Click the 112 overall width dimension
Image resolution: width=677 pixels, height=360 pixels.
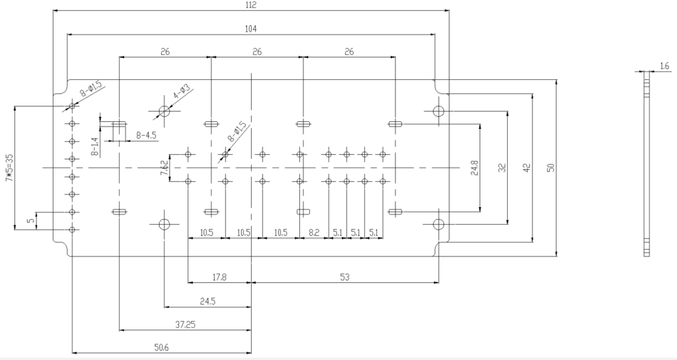coord(251,5)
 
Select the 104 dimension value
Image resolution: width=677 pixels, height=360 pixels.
coord(251,29)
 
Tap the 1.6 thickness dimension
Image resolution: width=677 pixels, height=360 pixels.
coord(665,66)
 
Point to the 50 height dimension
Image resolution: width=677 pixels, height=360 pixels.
coord(550,168)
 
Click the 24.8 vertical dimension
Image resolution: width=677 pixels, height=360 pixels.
coord(475,168)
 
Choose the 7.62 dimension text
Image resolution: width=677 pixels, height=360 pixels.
coord(165,168)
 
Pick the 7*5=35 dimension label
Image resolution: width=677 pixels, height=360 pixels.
coord(9,167)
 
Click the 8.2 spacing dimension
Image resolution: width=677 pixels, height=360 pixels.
coord(314,233)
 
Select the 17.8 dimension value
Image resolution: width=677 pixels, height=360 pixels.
coord(219,277)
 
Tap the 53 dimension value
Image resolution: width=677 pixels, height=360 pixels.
coord(345,277)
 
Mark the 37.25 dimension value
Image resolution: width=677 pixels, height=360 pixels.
coord(185,325)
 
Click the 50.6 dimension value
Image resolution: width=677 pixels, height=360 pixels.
coord(162,348)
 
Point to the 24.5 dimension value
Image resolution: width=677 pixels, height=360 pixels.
coord(208,301)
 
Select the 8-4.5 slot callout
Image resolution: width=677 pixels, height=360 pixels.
coord(146,135)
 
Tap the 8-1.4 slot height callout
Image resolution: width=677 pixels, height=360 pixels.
coord(95,147)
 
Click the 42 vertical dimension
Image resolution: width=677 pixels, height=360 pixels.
coord(527,168)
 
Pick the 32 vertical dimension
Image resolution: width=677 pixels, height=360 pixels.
coord(502,168)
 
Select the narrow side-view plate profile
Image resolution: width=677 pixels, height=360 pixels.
coord(647,164)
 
